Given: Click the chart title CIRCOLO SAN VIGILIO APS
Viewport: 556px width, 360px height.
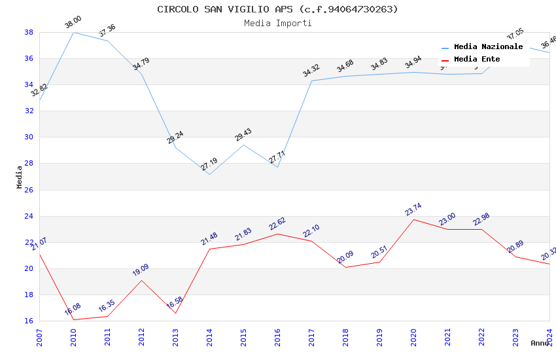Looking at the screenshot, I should click(277, 9).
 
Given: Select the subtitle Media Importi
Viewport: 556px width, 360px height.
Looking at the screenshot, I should click(277, 23).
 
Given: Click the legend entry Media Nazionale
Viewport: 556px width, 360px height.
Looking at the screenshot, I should click(488, 46).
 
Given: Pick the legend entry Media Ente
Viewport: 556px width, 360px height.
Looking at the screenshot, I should click(477, 59).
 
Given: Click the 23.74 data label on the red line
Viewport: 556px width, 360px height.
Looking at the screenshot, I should click(413, 209).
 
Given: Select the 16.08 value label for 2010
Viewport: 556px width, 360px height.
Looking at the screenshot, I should click(73, 310).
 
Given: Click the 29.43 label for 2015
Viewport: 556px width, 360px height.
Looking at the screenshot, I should click(243, 135).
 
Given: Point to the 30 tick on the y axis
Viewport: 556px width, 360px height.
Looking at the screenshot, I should click(29, 137).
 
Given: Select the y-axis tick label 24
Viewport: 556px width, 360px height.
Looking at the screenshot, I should click(29, 216).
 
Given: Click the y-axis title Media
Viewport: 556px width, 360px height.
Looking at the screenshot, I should click(20, 177).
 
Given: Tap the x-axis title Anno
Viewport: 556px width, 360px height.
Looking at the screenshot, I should click(540, 343).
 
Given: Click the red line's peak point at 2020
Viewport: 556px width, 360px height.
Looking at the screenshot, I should click(413, 219).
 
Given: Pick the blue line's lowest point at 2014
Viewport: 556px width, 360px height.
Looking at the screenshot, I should click(209, 174).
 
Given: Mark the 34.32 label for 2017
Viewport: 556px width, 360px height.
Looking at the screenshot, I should click(311, 70).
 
